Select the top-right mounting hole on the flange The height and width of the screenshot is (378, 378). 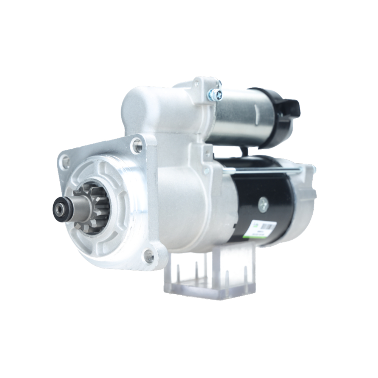137,145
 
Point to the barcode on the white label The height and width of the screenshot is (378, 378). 268,226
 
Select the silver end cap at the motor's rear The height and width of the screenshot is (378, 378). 304,200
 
